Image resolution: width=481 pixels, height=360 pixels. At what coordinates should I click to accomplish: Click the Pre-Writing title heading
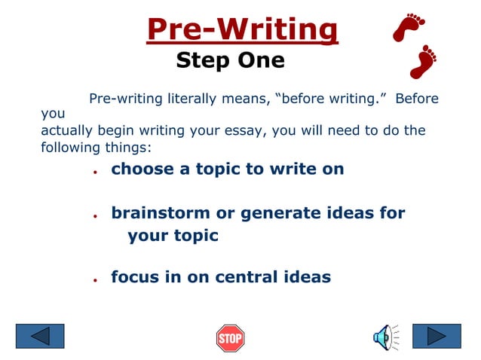[242, 30]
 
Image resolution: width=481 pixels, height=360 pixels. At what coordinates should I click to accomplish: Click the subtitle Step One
[230, 60]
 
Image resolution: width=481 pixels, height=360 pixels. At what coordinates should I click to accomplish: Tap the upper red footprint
[410, 29]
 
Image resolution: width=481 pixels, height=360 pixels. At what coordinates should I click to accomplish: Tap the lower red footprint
[424, 61]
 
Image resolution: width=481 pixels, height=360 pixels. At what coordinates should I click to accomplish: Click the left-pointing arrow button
[40, 336]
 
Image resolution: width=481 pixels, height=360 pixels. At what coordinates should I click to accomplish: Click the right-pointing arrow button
[437, 336]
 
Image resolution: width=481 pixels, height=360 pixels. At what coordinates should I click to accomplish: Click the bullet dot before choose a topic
[95, 171]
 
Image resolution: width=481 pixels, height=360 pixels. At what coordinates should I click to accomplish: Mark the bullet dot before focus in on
[95, 279]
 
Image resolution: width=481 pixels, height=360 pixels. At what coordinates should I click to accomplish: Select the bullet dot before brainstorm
[95, 215]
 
